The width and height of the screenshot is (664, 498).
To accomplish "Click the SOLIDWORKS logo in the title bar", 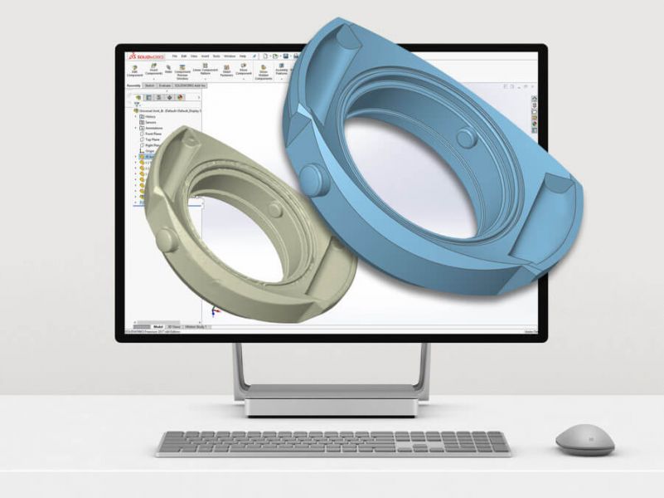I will tap(144, 56).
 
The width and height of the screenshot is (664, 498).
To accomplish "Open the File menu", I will tap(175, 56).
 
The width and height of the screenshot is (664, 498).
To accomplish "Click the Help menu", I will tap(242, 56).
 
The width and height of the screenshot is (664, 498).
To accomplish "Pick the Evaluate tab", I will tap(164, 85).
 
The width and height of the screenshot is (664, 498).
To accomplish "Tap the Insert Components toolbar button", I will tap(154, 71).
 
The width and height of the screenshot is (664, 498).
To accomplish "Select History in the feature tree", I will tap(150, 116).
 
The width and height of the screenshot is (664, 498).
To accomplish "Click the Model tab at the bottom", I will tap(158, 327).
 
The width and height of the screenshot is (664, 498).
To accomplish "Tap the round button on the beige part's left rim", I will tap(166, 241).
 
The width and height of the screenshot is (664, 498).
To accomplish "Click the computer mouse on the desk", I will tap(584, 440).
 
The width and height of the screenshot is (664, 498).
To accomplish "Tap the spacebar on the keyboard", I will tap(332, 451).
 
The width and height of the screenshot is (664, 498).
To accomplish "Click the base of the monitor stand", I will tap(331, 406).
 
